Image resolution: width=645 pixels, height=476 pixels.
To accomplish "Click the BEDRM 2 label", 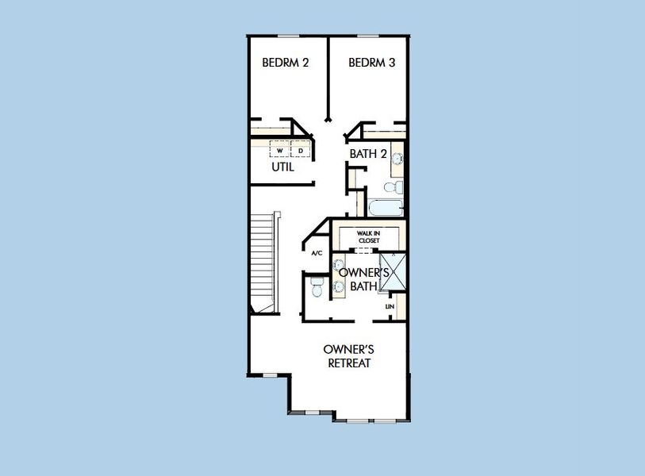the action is (285, 63).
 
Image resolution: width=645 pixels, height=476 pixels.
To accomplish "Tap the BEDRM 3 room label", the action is (372, 63).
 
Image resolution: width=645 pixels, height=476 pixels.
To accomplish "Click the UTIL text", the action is (282, 167).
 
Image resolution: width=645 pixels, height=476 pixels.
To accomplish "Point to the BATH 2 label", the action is (368, 154).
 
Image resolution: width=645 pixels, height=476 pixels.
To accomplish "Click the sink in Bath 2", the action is (397, 159).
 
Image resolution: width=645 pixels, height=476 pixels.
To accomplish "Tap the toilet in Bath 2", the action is (394, 186).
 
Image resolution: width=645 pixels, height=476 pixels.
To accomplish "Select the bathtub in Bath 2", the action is (386, 208).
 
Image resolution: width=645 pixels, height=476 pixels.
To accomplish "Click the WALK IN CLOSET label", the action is (369, 237).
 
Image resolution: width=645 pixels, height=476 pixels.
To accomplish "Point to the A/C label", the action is (317, 253).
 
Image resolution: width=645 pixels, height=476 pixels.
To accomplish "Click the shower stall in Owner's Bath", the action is (393, 272).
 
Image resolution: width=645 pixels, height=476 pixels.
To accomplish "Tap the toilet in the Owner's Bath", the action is (317, 287).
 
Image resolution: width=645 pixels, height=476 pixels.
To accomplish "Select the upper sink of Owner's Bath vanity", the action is (339, 265).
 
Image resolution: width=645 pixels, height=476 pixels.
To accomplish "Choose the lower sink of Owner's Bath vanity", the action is (339, 286).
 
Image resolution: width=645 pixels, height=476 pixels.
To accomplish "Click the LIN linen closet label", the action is (390, 306).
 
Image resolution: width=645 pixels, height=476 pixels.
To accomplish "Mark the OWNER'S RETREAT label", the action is (349, 356).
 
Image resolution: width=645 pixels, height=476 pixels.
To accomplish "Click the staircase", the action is (263, 263).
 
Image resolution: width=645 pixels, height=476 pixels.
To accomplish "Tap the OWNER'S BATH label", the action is (363, 279).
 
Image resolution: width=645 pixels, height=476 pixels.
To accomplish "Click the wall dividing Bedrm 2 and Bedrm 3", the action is (328, 79).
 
